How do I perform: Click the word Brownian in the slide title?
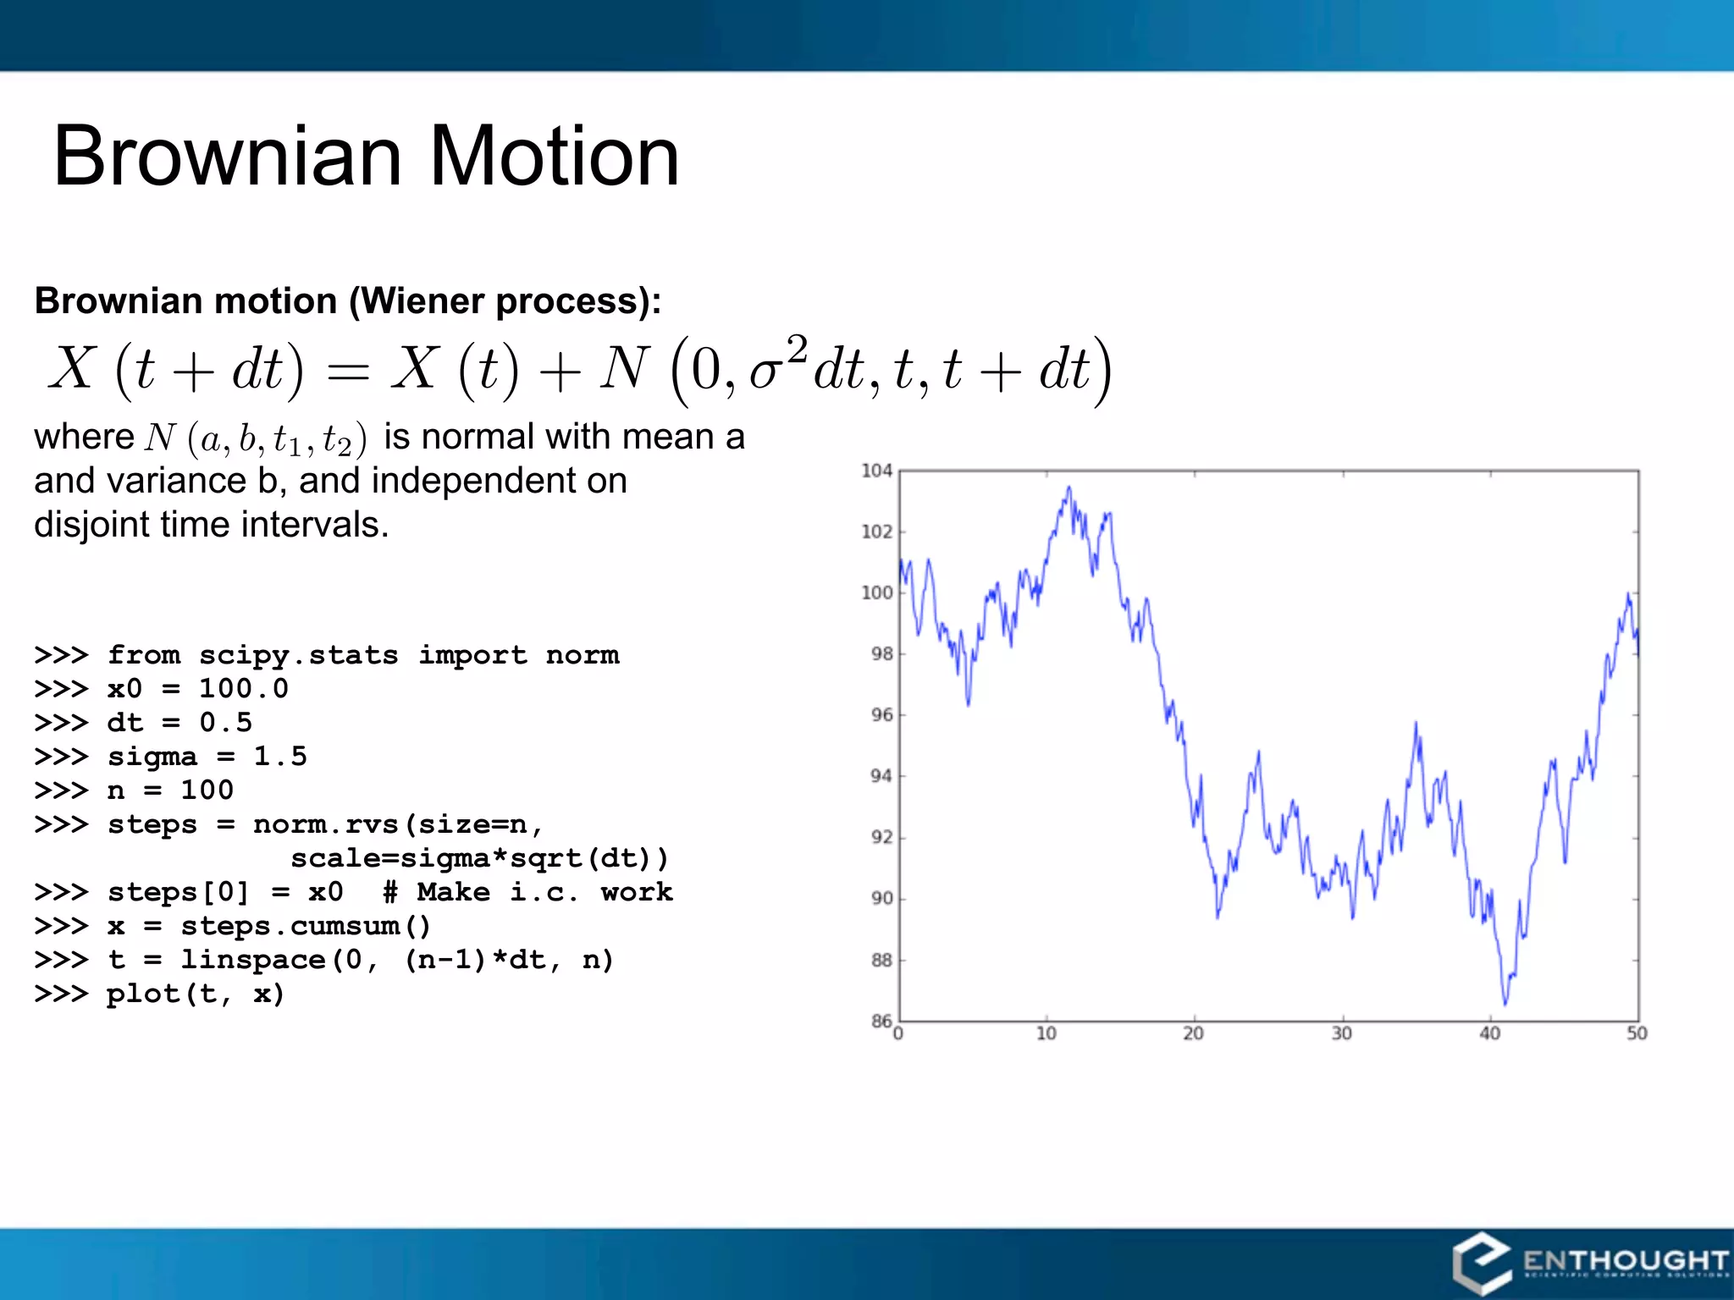(227, 157)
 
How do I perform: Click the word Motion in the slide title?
(555, 157)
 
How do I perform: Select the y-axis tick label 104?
(876, 471)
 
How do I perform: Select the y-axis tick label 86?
(881, 1021)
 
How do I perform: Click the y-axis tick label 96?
(881, 715)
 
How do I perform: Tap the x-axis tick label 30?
(1341, 1034)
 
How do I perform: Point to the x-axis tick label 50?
(1637, 1034)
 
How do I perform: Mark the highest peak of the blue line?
(1069, 487)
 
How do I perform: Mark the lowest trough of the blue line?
(1505, 1004)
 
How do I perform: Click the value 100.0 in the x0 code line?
(244, 689)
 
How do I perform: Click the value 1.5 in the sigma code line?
(280, 757)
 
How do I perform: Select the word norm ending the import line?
(583, 655)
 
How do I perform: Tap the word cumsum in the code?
(345, 926)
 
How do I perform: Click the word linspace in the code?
(252, 960)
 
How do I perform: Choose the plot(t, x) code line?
(195, 994)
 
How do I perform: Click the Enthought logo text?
(1624, 1260)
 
